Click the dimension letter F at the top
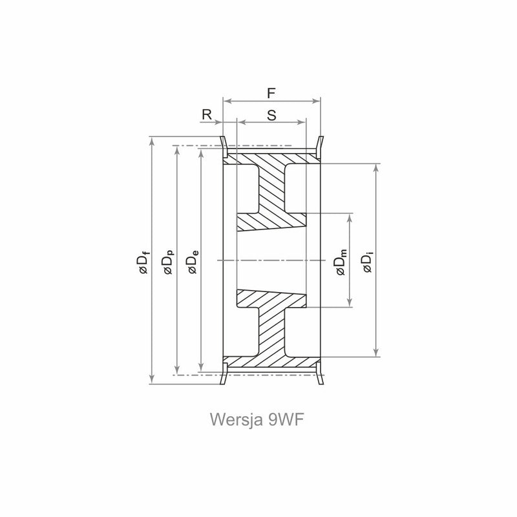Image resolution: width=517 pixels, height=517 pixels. (271, 93)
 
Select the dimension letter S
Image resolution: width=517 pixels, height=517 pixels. (271, 116)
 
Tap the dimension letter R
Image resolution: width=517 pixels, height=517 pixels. (207, 115)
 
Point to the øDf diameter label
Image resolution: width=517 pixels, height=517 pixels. (144, 262)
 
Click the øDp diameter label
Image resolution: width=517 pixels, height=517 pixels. (168, 262)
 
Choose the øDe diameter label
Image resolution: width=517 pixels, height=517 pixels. (193, 262)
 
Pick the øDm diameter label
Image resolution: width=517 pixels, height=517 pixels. (341, 262)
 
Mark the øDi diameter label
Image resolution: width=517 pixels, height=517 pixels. (367, 262)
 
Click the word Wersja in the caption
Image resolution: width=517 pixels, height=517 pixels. (236, 419)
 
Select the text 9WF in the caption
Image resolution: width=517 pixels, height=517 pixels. (286, 419)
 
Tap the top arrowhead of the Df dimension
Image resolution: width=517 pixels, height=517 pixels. (152, 140)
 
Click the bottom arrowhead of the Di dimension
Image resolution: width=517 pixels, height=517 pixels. (376, 352)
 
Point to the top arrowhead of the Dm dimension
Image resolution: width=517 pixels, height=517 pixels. (350, 218)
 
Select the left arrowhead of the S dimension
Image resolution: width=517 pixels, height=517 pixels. (242, 122)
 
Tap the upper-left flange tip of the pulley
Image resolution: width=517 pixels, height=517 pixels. (222, 137)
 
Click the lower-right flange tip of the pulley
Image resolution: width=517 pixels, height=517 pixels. (321, 383)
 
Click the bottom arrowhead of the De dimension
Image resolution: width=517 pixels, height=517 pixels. (201, 367)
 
